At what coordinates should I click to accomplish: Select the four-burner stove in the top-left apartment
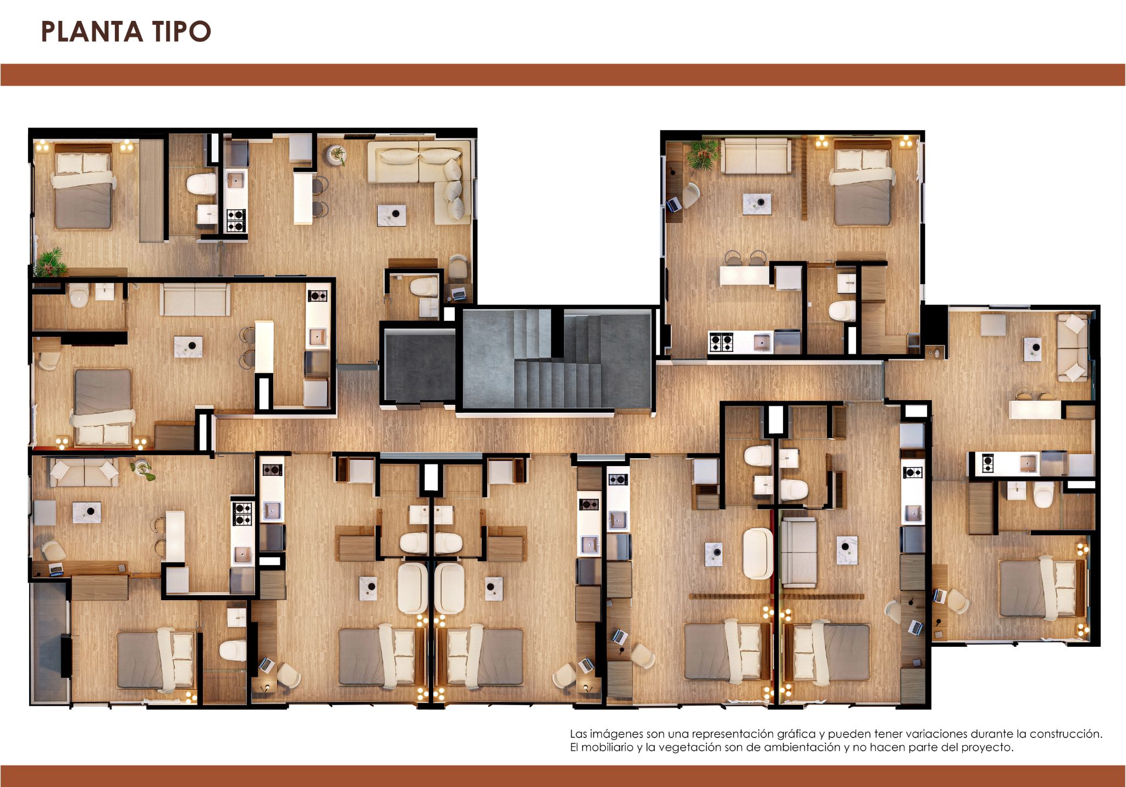236,220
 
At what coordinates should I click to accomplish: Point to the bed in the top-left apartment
84,186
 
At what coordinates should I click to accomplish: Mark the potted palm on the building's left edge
51,262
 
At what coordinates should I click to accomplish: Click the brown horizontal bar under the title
563,75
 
